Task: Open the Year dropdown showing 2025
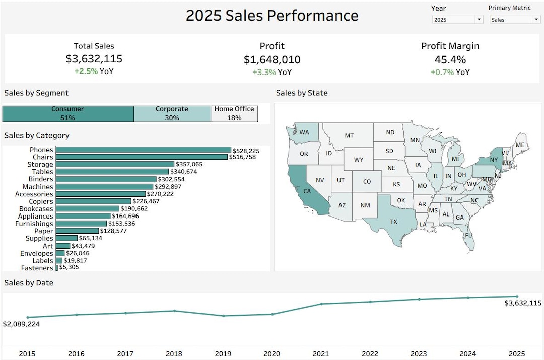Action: (x=457, y=20)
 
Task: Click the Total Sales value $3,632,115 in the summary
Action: (x=94, y=59)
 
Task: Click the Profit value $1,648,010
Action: (x=272, y=60)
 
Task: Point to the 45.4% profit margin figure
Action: (x=450, y=59)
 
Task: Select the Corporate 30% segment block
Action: (x=172, y=114)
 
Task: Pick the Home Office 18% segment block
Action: (x=234, y=114)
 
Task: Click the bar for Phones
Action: (x=143, y=150)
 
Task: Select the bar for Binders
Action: (x=106, y=179)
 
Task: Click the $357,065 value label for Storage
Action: (x=189, y=164)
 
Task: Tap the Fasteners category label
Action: (x=37, y=268)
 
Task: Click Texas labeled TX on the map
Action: (x=393, y=221)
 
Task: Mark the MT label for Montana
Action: (x=349, y=135)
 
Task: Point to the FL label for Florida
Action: (x=468, y=236)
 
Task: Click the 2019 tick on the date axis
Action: (x=223, y=354)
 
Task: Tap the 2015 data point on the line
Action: (x=28, y=317)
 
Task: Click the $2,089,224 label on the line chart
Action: (x=21, y=324)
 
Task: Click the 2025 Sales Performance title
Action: (x=272, y=16)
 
